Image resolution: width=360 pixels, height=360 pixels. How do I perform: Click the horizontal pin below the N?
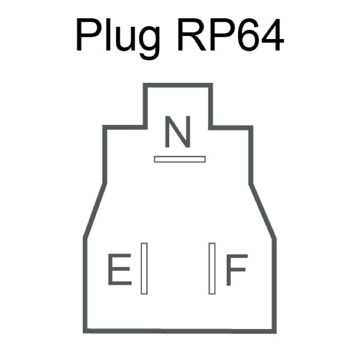179,159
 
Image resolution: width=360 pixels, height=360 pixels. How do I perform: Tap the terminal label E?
119,270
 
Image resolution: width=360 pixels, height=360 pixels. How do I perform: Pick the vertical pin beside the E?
144,268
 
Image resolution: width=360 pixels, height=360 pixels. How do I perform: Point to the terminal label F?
237,270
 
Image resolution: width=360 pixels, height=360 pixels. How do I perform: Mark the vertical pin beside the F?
211,268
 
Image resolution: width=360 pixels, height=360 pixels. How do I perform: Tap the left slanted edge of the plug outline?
95,210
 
